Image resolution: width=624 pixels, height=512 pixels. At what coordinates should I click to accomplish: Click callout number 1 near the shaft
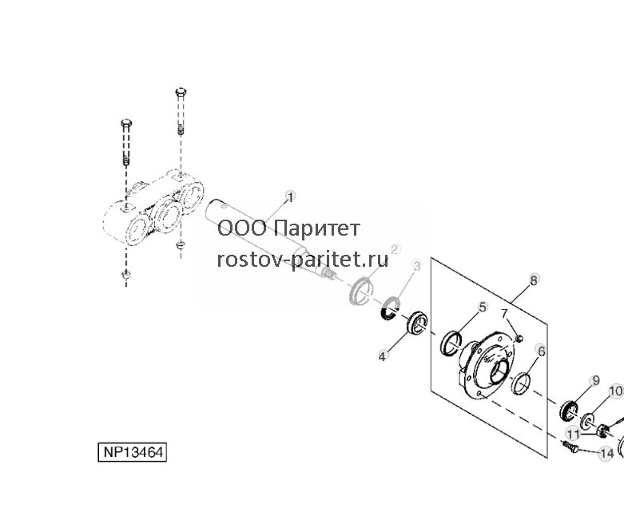click(291, 197)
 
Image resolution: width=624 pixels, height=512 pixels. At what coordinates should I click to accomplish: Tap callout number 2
click(395, 249)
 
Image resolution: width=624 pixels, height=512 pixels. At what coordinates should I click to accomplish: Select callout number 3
click(416, 266)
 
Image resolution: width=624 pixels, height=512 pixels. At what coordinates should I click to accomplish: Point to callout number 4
click(383, 356)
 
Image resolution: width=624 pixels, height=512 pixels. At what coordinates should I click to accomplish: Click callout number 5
click(483, 308)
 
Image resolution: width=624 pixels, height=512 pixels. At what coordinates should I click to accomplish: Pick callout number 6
click(541, 351)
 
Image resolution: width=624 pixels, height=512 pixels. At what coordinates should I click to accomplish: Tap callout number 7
click(505, 314)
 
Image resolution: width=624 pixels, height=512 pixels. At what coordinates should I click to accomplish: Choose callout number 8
click(534, 280)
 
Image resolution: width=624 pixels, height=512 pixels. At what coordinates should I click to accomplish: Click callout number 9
click(596, 381)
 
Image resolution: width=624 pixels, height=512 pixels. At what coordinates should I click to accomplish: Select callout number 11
click(574, 434)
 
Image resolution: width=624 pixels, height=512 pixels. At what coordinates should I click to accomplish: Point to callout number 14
click(606, 454)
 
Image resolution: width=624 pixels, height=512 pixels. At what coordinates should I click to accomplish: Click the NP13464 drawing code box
click(132, 452)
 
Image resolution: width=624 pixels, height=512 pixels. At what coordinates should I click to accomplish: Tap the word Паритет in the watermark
click(317, 228)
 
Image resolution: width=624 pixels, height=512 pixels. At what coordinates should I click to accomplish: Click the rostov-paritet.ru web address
click(303, 260)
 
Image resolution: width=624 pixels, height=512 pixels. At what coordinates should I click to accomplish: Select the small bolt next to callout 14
click(570, 447)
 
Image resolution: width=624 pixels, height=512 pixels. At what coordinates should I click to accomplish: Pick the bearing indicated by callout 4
click(417, 322)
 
